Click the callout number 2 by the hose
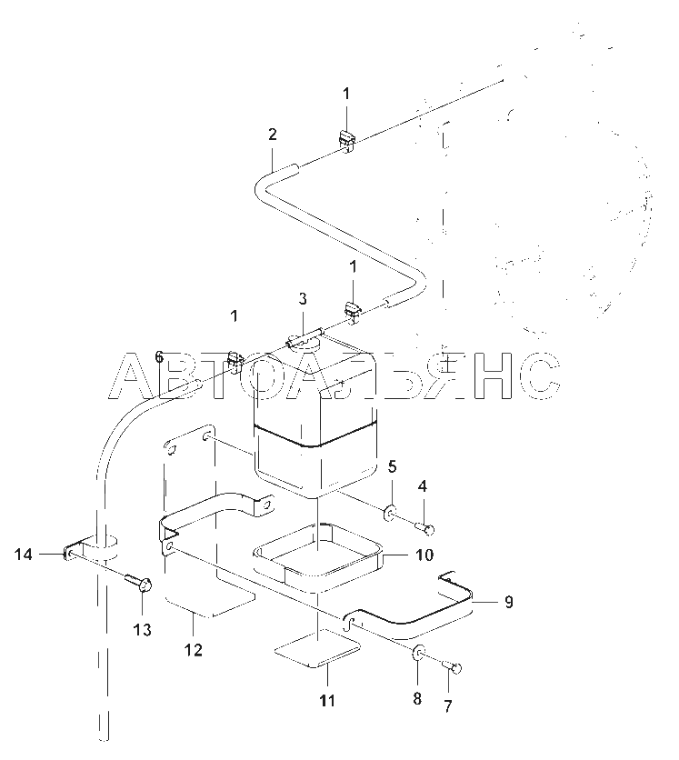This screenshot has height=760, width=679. coord(273,135)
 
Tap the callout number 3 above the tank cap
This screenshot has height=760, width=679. coord(303,298)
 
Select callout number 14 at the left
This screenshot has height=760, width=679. coord(23,554)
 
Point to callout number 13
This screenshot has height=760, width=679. coord(143,630)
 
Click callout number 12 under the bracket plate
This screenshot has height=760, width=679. coord(194,649)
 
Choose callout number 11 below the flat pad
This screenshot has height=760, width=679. coord(327,700)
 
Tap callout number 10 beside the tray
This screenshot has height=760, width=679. coord(424,554)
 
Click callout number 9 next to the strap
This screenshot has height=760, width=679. coord(508,602)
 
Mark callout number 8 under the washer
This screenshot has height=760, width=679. coord(417,698)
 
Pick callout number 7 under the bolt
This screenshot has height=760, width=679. coord(448,706)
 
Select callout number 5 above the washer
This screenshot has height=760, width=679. coord(393,466)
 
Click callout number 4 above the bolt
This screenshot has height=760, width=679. coord(423,486)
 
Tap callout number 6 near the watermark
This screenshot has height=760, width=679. coord(159,357)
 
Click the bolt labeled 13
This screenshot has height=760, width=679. coord(139,582)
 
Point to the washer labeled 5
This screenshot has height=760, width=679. coord(390,514)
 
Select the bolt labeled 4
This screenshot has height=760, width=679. coord(425,527)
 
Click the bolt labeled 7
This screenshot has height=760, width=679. coord(452,667)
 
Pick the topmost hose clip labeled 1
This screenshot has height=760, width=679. coord(346,141)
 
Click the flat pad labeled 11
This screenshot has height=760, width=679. coord(317,648)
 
